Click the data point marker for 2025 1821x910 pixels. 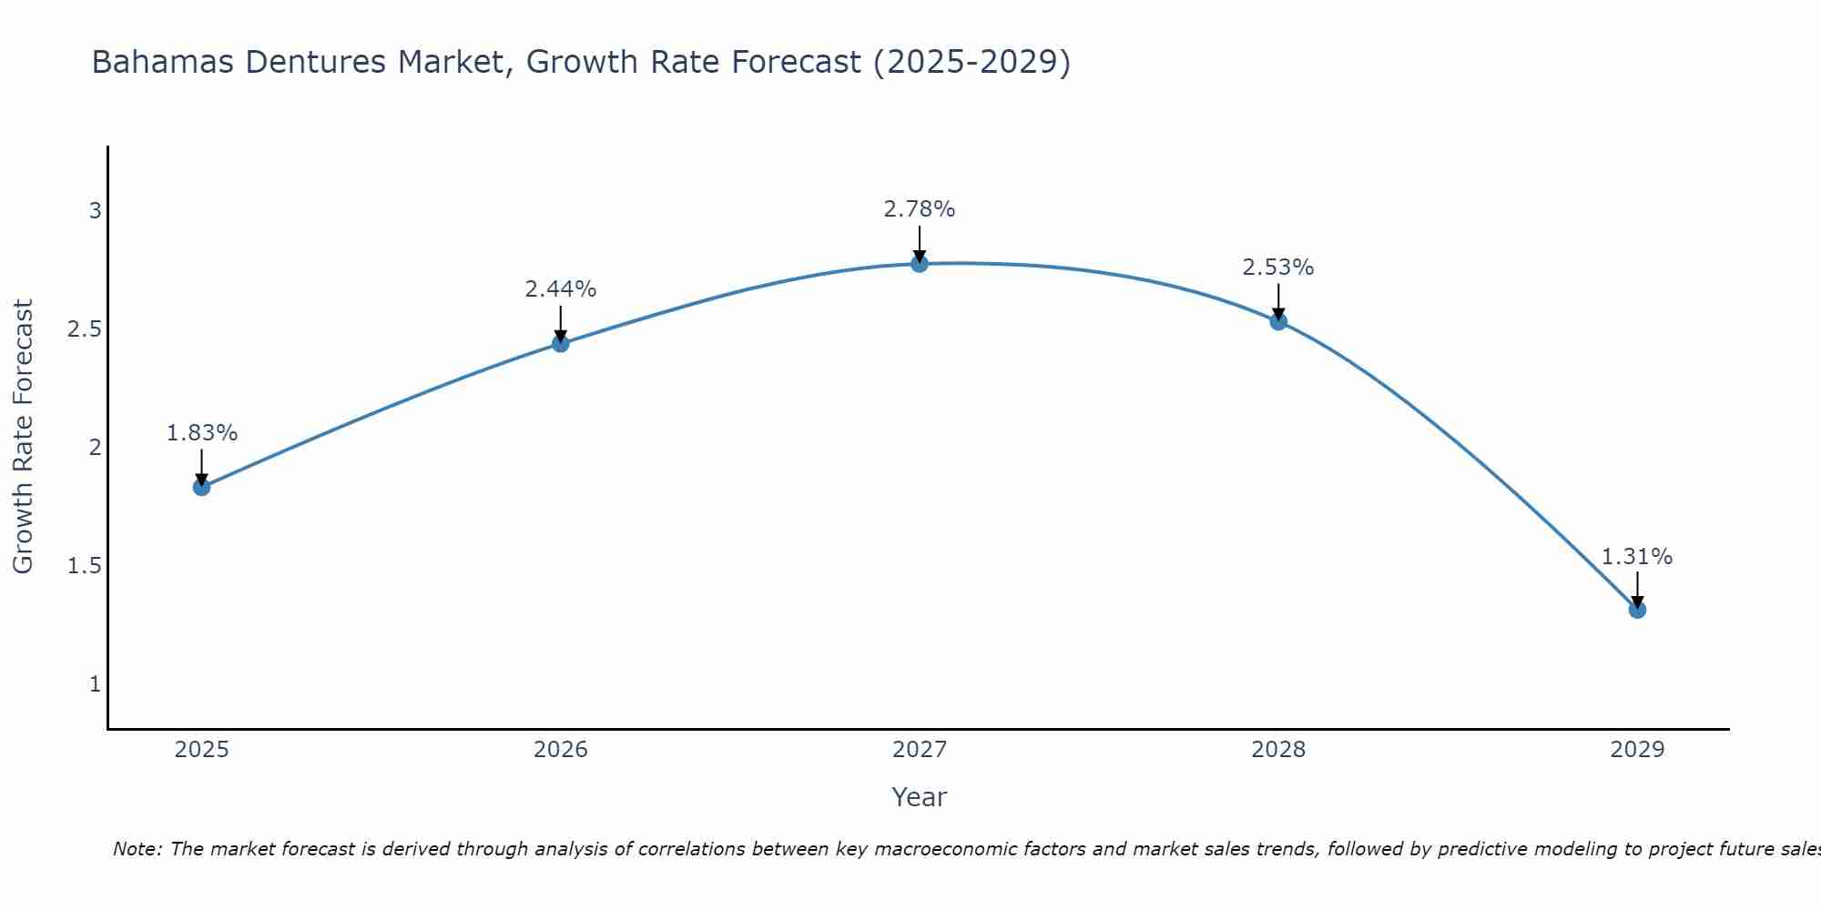coord(202,487)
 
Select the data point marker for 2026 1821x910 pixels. coord(561,343)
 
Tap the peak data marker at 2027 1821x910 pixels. coord(920,264)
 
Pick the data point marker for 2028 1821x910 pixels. coord(1278,321)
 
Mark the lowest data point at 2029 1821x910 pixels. coord(1637,610)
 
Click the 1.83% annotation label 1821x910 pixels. coord(202,433)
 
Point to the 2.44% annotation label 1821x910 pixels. coord(561,289)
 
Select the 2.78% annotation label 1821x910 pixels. coord(920,209)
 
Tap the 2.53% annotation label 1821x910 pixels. coord(1278,268)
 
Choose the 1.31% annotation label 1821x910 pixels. coord(1637,556)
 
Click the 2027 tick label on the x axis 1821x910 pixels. coord(920,750)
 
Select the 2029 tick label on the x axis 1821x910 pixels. coord(1637,750)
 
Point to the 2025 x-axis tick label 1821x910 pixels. coord(202,750)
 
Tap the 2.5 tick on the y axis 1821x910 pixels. coord(84,329)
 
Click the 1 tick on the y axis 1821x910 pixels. coord(95,684)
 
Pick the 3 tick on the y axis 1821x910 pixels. coord(95,211)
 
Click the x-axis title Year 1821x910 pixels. coord(920,797)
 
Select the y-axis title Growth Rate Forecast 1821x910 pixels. coord(24,437)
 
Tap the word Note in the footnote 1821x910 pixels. coord(137,849)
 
